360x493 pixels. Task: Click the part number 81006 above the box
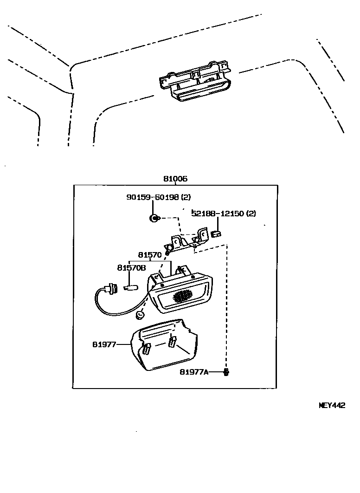point(175,179)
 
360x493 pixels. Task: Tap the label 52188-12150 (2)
point(224,214)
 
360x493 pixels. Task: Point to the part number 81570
point(149,255)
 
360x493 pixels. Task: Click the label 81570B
point(131,268)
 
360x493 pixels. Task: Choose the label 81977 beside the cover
point(103,344)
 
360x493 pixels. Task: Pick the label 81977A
point(195,372)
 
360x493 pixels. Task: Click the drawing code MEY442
point(332,405)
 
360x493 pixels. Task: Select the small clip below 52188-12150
point(216,234)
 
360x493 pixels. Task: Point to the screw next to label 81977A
point(226,372)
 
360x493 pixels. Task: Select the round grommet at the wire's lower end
point(139,316)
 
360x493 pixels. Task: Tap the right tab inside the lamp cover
point(172,342)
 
